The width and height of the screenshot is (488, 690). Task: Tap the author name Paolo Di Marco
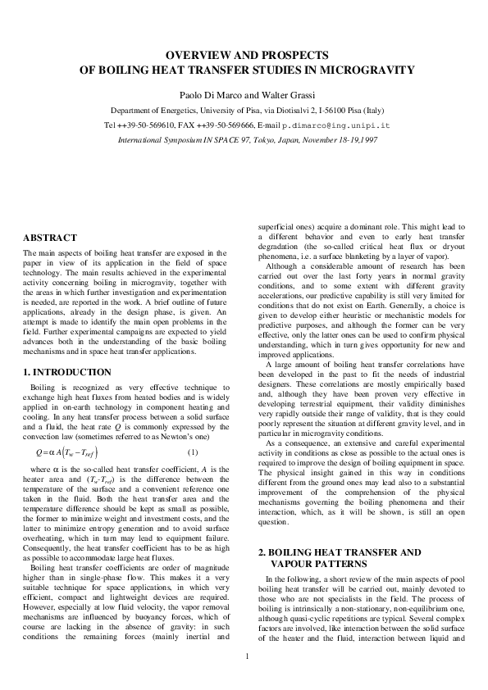(x=206, y=94)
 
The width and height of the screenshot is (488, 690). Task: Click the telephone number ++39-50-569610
(x=148, y=125)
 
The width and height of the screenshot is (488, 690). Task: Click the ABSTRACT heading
(x=50, y=238)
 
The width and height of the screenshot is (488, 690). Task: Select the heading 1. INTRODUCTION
(x=68, y=372)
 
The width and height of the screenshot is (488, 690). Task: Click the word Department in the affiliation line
(x=134, y=111)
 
